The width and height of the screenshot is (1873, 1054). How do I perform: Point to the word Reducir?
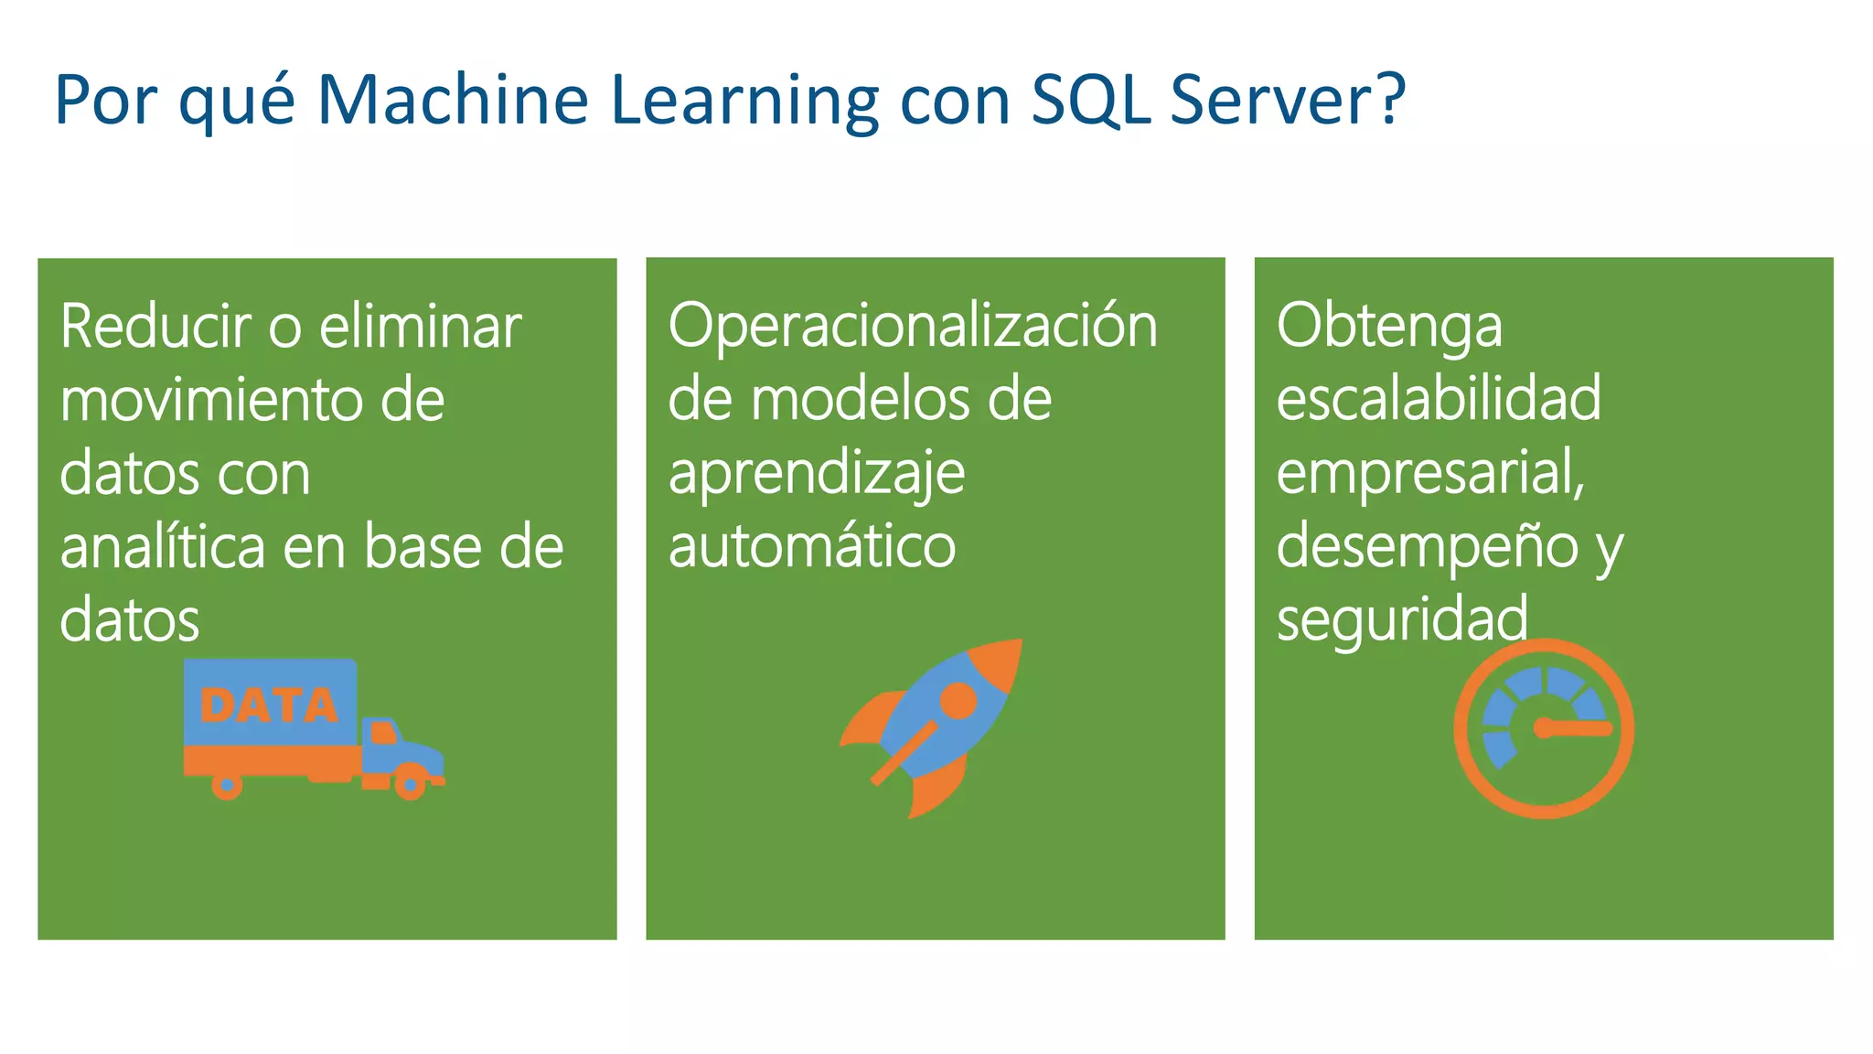click(155, 327)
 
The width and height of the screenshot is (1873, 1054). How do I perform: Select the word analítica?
click(163, 547)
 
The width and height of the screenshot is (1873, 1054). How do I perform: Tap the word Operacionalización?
click(912, 327)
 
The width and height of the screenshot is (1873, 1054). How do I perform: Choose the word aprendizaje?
click(816, 474)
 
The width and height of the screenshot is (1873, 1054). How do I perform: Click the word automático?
click(811, 547)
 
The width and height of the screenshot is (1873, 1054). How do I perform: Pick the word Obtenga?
click(1388, 327)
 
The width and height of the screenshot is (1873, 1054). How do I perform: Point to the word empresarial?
click(1429, 474)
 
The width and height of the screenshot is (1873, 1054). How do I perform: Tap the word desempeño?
click(1427, 547)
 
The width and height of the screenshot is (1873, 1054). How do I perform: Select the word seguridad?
click(1401, 620)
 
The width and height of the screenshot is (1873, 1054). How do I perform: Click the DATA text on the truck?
click(269, 705)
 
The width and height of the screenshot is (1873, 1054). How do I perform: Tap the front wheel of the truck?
click(411, 784)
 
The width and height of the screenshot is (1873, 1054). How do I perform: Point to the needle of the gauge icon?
click(1578, 728)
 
